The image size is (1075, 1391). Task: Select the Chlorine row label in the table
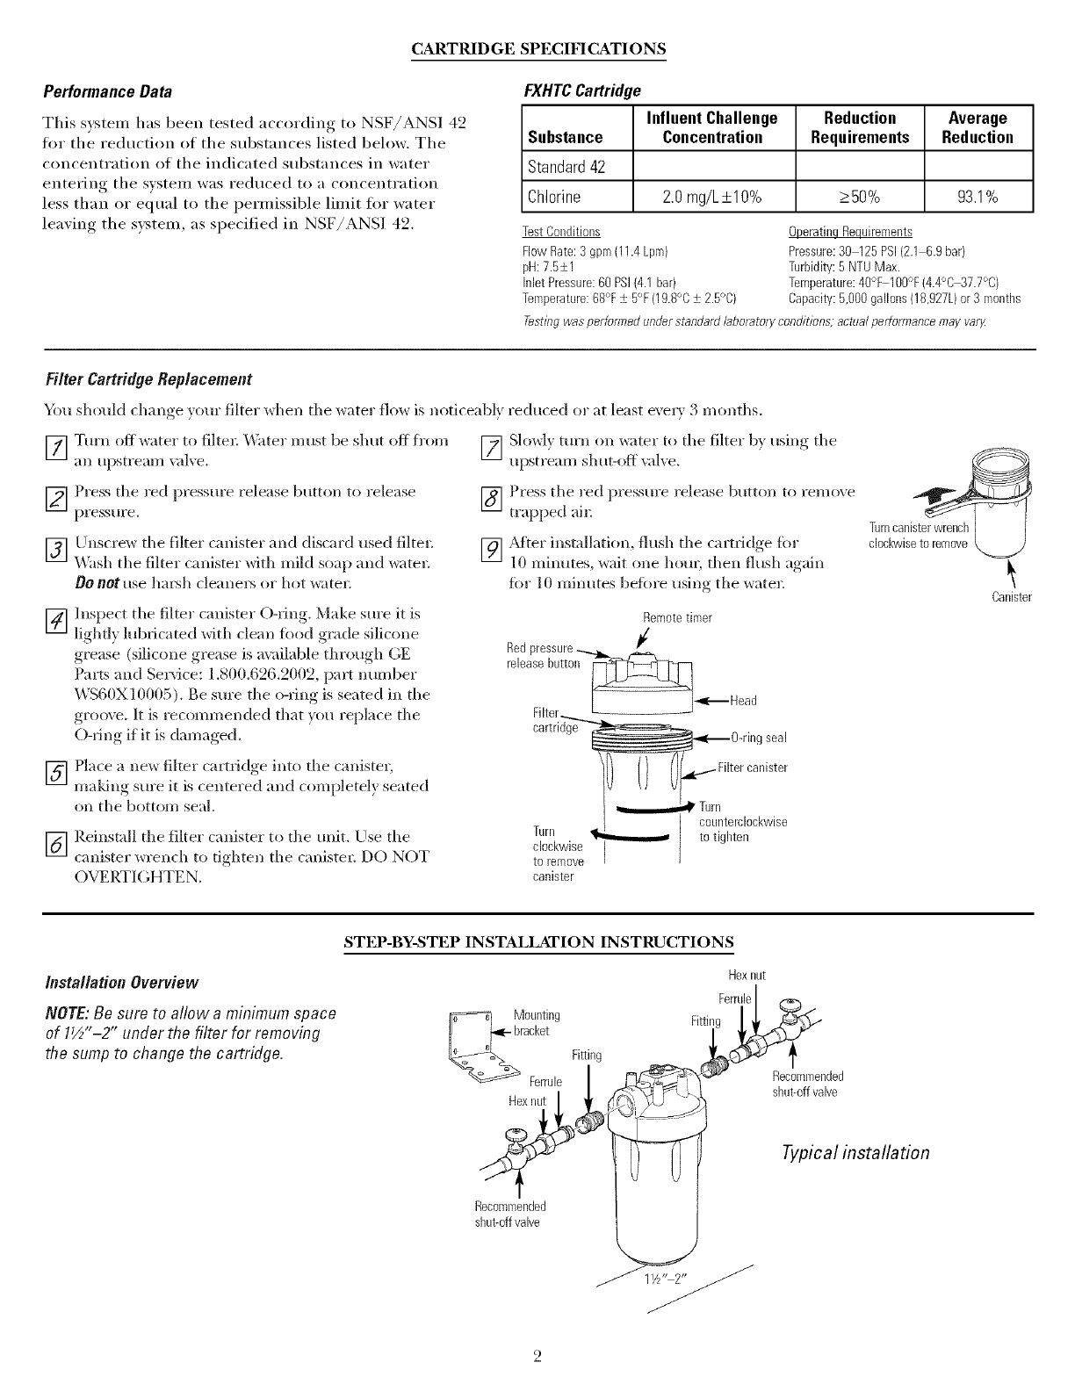click(x=553, y=196)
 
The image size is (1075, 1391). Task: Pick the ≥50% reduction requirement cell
click(x=860, y=196)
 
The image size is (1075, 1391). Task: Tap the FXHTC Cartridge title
click(x=582, y=91)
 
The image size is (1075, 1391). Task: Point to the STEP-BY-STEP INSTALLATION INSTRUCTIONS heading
click(x=537, y=942)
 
